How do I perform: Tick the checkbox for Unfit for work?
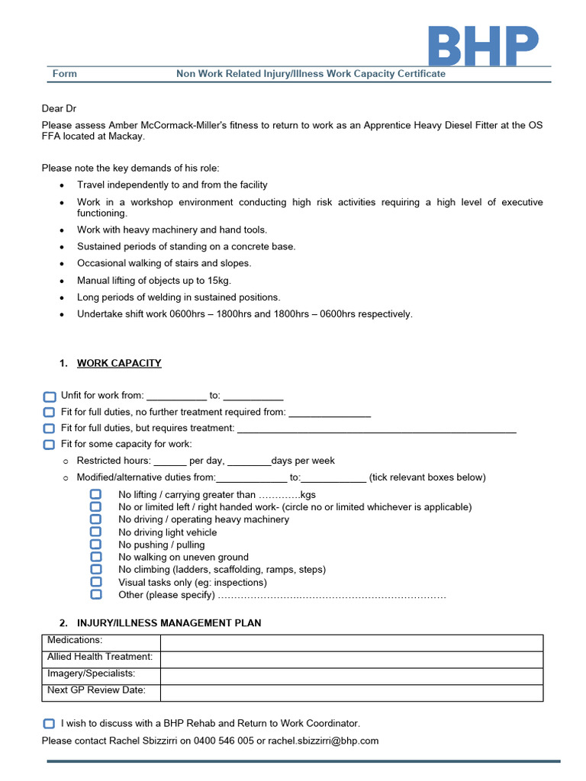pos(49,397)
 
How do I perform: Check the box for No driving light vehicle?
pos(95,532)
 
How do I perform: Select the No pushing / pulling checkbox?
pos(95,545)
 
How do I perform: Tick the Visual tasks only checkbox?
pos(95,582)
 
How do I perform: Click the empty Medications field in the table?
pos(351,643)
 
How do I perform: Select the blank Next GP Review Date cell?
pos(351,693)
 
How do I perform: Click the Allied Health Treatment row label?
pos(100,657)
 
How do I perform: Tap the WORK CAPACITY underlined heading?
pos(119,363)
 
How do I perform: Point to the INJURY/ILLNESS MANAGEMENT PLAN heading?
pos(169,623)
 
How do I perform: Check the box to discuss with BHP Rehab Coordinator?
pos(49,723)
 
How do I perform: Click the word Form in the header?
pos(65,74)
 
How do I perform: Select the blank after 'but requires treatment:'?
pos(377,429)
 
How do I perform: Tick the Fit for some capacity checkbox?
pos(49,444)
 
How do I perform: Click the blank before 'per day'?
pos(170,462)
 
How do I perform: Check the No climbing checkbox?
pos(95,569)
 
